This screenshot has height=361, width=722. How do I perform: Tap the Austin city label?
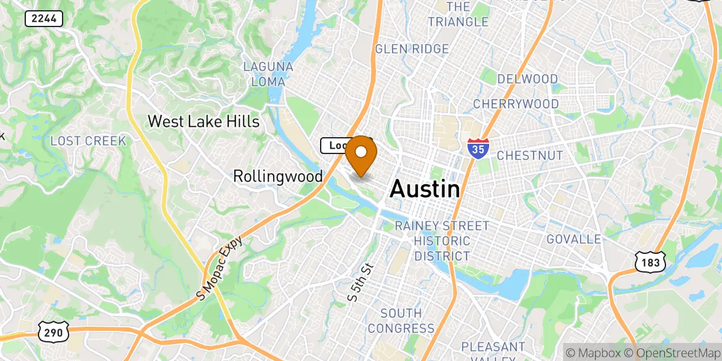point(425,189)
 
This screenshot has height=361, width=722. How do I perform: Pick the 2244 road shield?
point(44,19)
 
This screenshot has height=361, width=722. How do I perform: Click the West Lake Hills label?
point(203,122)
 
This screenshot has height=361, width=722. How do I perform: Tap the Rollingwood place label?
point(277,176)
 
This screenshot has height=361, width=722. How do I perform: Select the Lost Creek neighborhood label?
point(88,141)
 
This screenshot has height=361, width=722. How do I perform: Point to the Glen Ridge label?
point(412,49)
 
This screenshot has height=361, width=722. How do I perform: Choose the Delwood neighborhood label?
point(528,79)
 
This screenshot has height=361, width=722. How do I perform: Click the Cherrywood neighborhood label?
point(516,104)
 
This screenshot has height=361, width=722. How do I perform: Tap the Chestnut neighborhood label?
point(529,156)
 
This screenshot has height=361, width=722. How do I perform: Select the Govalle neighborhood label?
point(573,239)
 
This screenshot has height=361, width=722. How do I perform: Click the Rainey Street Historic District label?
point(442,241)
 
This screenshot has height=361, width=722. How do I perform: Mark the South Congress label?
point(401,321)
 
